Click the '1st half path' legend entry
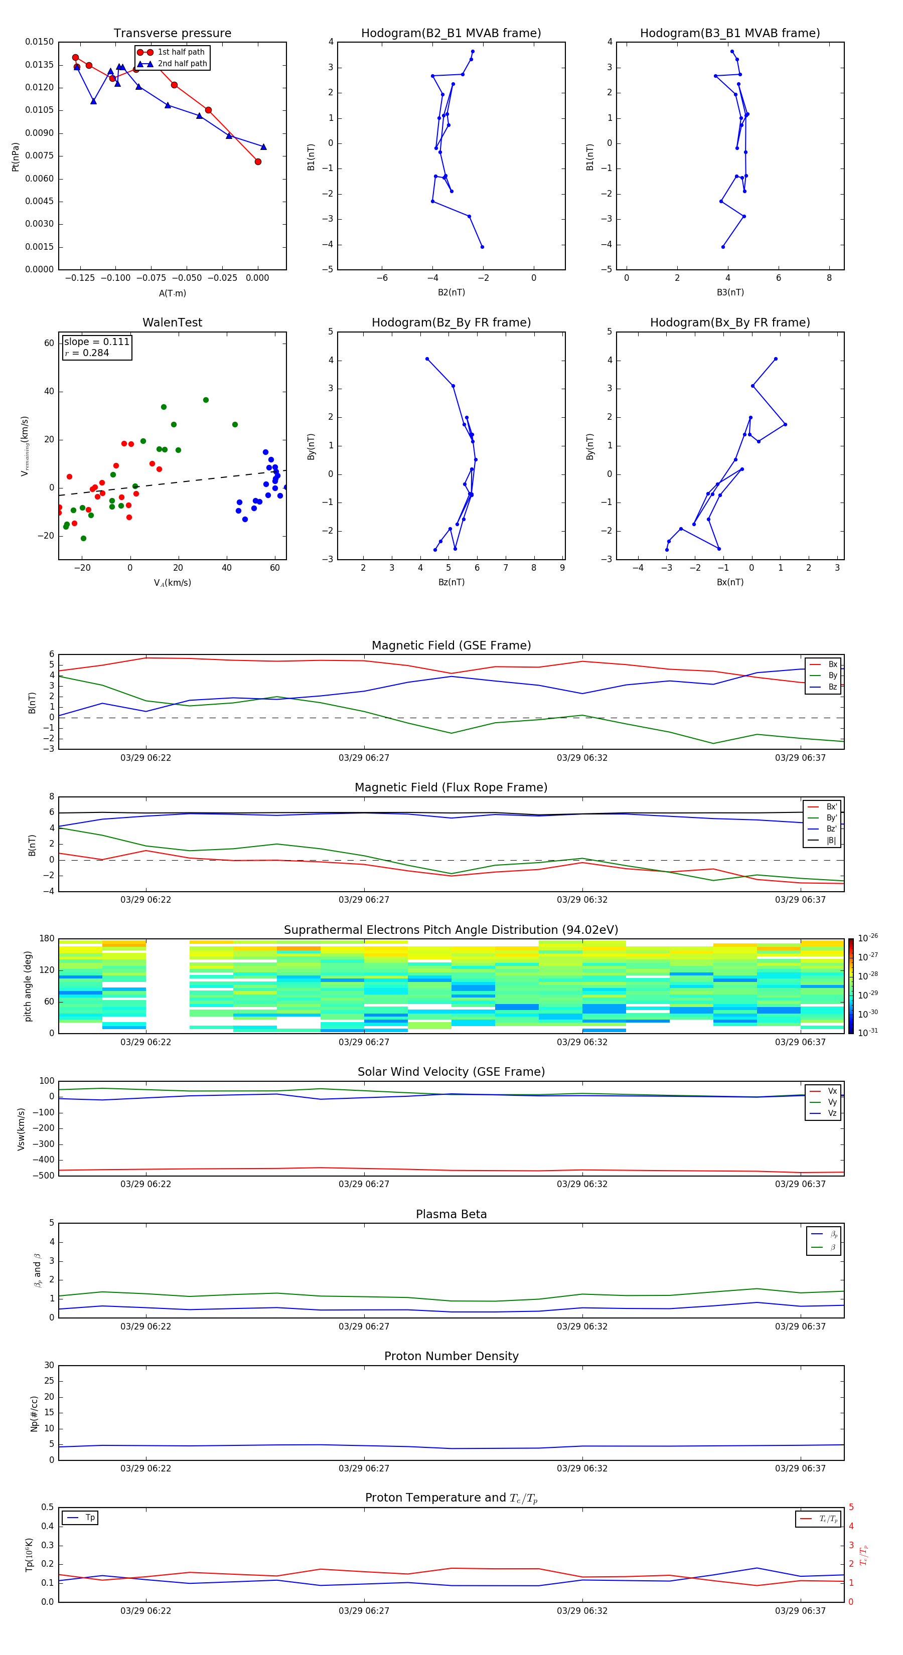(x=181, y=52)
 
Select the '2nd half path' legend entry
(x=182, y=64)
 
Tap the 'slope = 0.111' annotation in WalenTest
(x=96, y=342)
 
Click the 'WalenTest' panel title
(x=172, y=322)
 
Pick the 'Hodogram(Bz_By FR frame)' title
(x=451, y=322)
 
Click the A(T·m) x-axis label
(x=172, y=293)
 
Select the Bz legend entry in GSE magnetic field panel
(x=832, y=687)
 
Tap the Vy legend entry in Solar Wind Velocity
(x=832, y=1102)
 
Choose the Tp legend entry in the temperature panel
(x=90, y=1518)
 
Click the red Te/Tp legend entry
(x=828, y=1519)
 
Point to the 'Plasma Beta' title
(x=451, y=1214)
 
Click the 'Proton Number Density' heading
(x=451, y=1356)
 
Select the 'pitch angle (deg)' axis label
(x=28, y=986)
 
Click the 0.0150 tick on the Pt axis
(x=39, y=42)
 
